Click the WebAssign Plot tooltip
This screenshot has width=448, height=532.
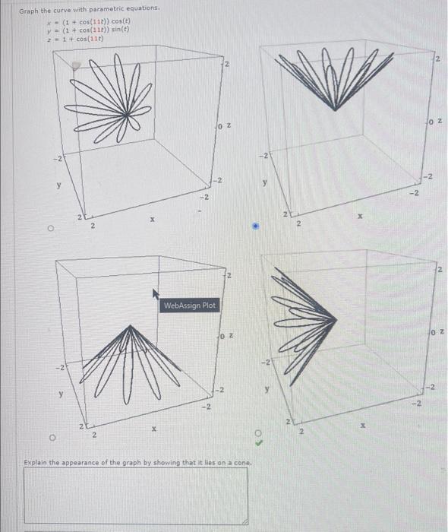[x=190, y=305]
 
